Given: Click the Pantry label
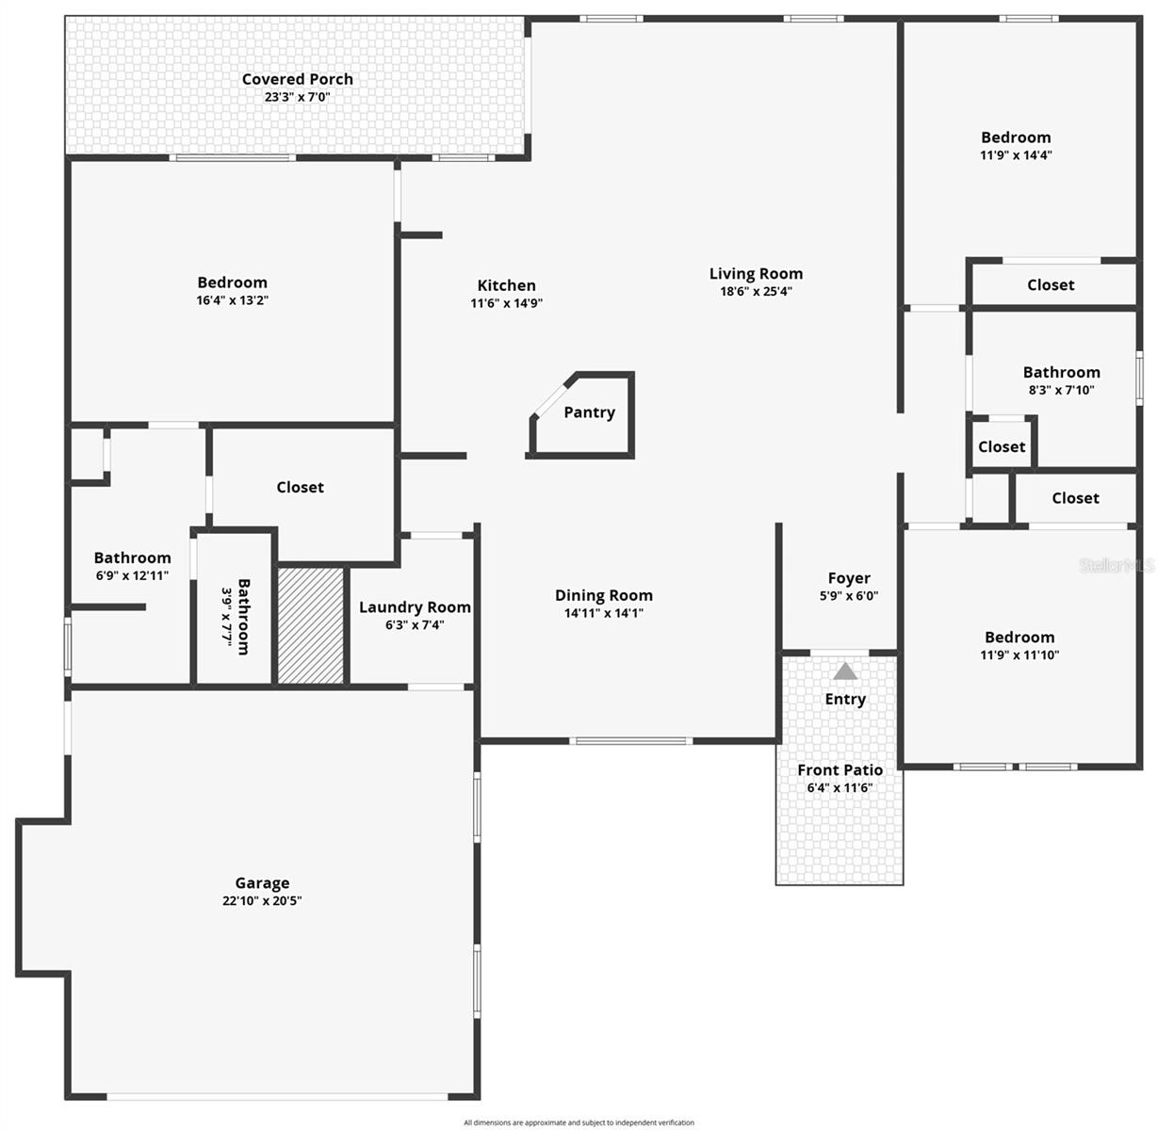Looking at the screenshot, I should [589, 412].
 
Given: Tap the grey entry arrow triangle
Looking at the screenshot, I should [845, 671].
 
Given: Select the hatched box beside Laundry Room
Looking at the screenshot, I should [310, 625].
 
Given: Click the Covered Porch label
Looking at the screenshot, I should [298, 79].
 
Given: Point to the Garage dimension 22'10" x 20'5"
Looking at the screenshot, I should [262, 901].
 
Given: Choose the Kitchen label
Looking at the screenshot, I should [506, 285].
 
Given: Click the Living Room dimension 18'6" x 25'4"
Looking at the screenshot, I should [756, 292].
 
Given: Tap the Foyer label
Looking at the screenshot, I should [849, 578].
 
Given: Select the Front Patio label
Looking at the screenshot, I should [840, 770].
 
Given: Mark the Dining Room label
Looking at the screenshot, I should [603, 595].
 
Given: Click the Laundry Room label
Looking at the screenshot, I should [415, 607].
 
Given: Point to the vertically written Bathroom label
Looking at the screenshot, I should [244, 616].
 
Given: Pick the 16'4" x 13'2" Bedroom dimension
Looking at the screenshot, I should [232, 300].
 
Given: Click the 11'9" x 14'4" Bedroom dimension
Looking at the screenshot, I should [1016, 155].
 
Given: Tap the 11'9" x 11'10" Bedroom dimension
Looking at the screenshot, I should [1019, 655].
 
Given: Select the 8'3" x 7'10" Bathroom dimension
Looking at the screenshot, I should [1061, 390].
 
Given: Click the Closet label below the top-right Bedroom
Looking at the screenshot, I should [1051, 284].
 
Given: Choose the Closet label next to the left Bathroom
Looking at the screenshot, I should [300, 487].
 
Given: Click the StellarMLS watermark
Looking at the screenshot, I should [1117, 566].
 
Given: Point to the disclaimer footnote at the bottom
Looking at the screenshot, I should [579, 1122].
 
